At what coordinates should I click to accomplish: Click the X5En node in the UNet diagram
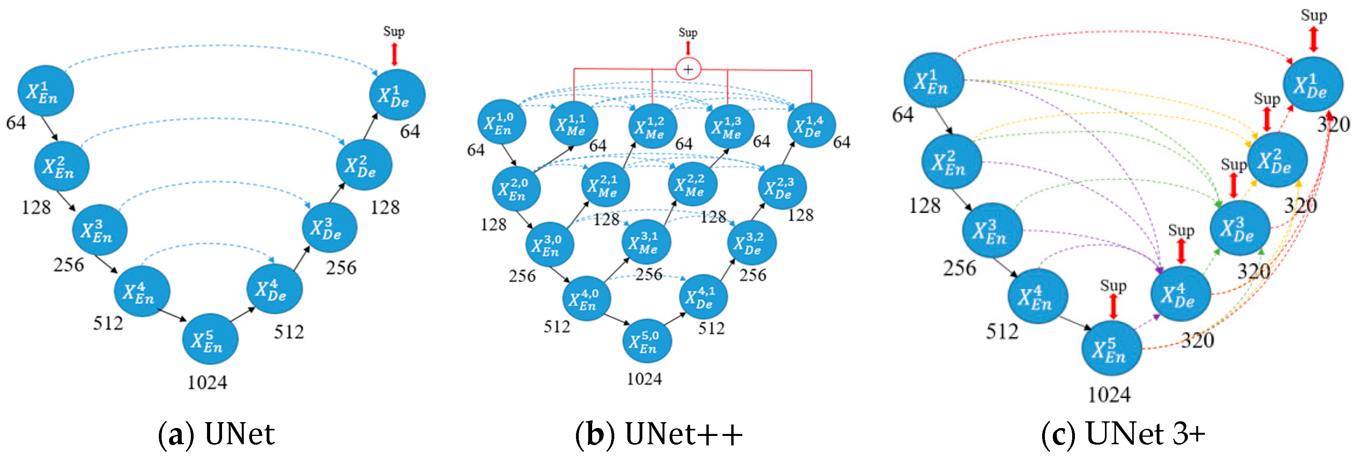coord(210,339)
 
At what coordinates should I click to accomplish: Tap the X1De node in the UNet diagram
coord(397,95)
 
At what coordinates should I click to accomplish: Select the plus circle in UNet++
coord(688,69)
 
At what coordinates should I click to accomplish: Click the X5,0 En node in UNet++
coord(647,341)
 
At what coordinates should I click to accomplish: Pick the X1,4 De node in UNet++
coord(811,126)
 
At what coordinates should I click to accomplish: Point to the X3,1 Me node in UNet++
coord(646,242)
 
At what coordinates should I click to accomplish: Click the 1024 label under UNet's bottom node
coord(207,382)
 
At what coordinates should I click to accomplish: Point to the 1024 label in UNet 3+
coord(1109,394)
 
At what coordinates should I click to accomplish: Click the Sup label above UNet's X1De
coord(393,32)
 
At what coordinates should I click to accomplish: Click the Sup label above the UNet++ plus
coord(687,33)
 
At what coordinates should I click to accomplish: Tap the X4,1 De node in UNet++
coord(703,297)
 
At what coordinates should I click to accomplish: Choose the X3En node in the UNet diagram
coord(100,230)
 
